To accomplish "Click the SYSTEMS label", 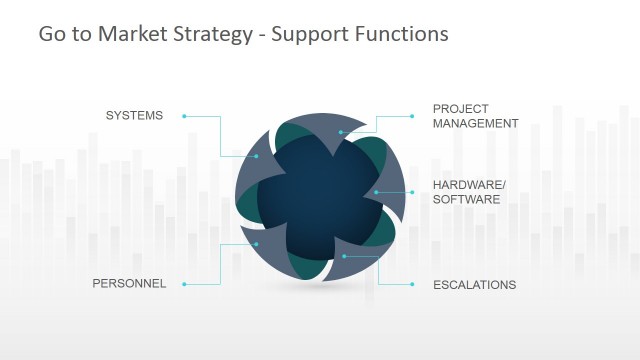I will point(134,116).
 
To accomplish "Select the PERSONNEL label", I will point(129,284).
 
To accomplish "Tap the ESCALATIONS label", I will point(474,285).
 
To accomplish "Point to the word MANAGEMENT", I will point(476,124).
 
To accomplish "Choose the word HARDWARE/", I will point(470,185).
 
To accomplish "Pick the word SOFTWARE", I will point(466,199).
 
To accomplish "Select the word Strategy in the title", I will point(212,35).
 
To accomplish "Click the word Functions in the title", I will point(399,34).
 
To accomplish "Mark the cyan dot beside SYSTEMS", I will point(185,116).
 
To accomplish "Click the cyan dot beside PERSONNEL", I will point(185,284).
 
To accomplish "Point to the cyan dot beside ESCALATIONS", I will point(412,284).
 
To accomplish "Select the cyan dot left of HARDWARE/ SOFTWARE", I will point(412,191).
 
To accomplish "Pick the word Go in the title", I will point(50,34).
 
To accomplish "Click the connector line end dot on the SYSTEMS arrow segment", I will point(257,158).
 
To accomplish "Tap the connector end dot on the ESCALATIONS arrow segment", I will point(344,256).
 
